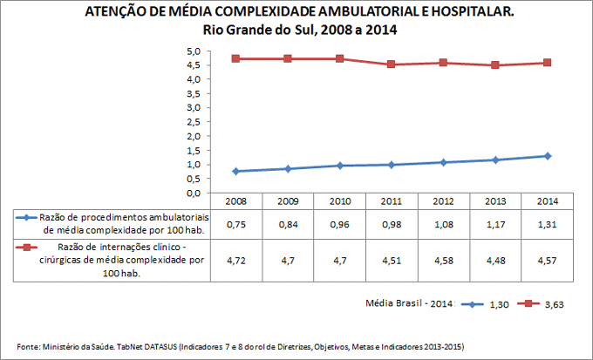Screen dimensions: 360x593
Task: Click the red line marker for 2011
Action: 392,65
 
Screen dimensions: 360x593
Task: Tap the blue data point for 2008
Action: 236,171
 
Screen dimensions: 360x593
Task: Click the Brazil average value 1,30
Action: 499,304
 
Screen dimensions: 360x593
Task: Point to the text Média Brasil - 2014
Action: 407,304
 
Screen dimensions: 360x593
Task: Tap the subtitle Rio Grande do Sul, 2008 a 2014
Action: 296,30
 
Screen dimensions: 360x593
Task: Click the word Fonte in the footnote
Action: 29,345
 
